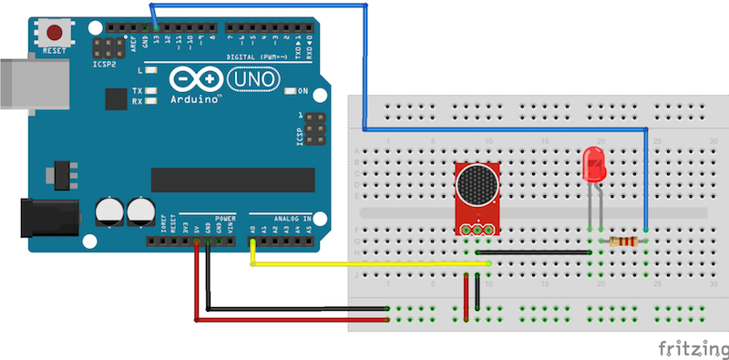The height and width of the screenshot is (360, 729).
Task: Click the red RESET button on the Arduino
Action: (x=55, y=29)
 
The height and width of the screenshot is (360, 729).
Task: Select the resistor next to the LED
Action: (x=623, y=242)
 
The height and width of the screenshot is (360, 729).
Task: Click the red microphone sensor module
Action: (x=477, y=196)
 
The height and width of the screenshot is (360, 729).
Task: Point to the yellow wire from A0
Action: (x=364, y=264)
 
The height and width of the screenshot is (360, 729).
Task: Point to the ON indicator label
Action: (x=303, y=91)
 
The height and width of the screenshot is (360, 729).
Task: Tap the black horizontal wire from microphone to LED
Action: (x=538, y=252)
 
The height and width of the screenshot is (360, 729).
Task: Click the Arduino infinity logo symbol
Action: (x=187, y=80)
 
